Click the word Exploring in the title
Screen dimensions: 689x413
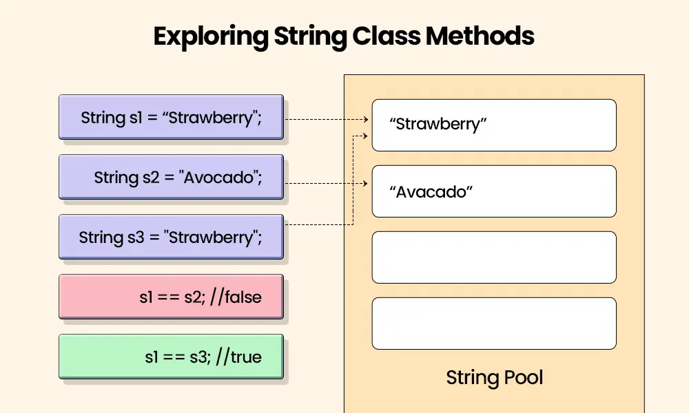click(x=211, y=37)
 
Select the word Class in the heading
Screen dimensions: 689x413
click(x=387, y=36)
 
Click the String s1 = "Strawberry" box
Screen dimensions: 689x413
click(x=172, y=117)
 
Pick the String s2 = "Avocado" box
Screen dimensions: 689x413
click(x=172, y=177)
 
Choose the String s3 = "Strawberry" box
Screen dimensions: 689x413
click(x=172, y=237)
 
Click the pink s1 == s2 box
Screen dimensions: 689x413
click(x=172, y=297)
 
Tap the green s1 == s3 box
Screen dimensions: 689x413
click(x=172, y=357)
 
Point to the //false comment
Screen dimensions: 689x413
click(x=236, y=297)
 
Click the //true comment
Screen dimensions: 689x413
click(x=238, y=357)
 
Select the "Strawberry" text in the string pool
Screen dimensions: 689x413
click(x=438, y=124)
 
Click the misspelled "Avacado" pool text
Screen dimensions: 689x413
click(x=431, y=192)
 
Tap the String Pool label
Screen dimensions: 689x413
click(x=494, y=377)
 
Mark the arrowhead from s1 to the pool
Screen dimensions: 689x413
click(x=366, y=119)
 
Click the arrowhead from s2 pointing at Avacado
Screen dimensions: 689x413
click(x=365, y=184)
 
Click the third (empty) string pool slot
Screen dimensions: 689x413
click(x=494, y=257)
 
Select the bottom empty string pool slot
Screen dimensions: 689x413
click(x=494, y=324)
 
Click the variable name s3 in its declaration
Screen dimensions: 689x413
click(x=136, y=237)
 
